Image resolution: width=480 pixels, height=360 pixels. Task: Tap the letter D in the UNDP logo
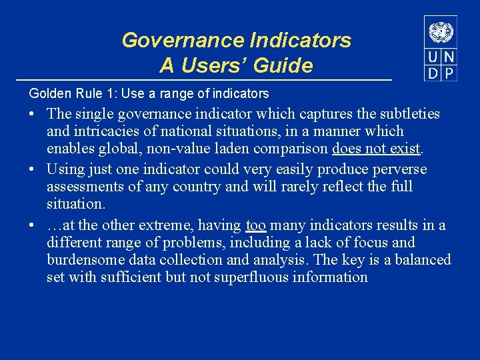point(433,73)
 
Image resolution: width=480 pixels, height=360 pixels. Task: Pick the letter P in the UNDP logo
point(449,73)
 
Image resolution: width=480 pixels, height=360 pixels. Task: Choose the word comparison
point(294,149)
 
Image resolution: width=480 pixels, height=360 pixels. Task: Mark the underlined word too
point(256,225)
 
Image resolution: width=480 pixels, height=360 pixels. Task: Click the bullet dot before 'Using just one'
point(32,170)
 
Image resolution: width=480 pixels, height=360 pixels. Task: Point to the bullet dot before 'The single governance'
point(32,115)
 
